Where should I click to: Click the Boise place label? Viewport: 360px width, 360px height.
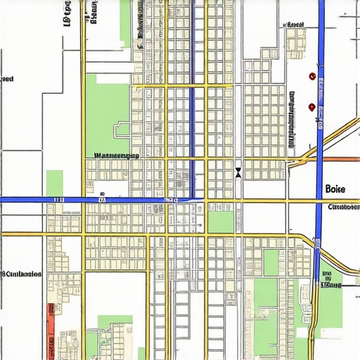pyautogui.click(x=336, y=189)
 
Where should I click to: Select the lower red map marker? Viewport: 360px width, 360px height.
pyautogui.click(x=311, y=107)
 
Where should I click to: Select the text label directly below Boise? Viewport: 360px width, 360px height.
pyautogui.click(x=343, y=207)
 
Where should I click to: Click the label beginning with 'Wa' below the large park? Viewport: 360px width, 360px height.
pyautogui.click(x=116, y=154)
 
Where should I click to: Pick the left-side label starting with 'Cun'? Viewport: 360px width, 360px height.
pyautogui.click(x=21, y=274)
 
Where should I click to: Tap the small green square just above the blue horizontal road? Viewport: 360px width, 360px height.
pyautogui.click(x=54, y=182)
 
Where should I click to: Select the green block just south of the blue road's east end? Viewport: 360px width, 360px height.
pyautogui.click(x=221, y=221)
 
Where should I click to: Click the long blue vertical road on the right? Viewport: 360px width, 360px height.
pyautogui.click(x=320, y=105)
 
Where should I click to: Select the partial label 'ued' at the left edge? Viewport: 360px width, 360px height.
pyautogui.click(x=7, y=79)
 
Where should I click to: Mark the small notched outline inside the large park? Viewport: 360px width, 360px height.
pyautogui.click(x=122, y=129)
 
